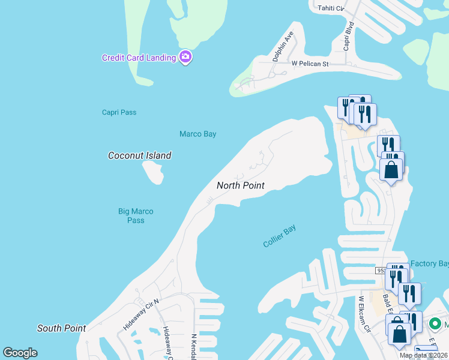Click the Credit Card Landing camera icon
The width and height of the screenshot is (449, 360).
(185, 57)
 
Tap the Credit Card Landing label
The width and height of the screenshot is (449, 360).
(139, 58)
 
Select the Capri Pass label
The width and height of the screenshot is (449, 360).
(119, 112)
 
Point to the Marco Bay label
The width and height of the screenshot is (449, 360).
(197, 134)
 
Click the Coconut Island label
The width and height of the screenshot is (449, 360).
(139, 155)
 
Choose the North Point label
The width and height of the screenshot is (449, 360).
(240, 185)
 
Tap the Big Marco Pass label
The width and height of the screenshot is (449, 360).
(136, 215)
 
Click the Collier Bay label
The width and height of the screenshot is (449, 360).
(280, 236)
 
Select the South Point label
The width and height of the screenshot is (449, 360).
(61, 328)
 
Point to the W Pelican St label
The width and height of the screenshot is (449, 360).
(310, 63)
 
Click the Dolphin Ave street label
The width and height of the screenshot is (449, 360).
(283, 47)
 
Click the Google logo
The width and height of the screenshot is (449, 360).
(20, 353)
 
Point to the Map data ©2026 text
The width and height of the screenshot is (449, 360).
(423, 355)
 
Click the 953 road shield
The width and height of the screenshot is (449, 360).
(382, 271)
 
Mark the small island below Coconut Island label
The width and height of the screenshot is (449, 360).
(153, 173)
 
